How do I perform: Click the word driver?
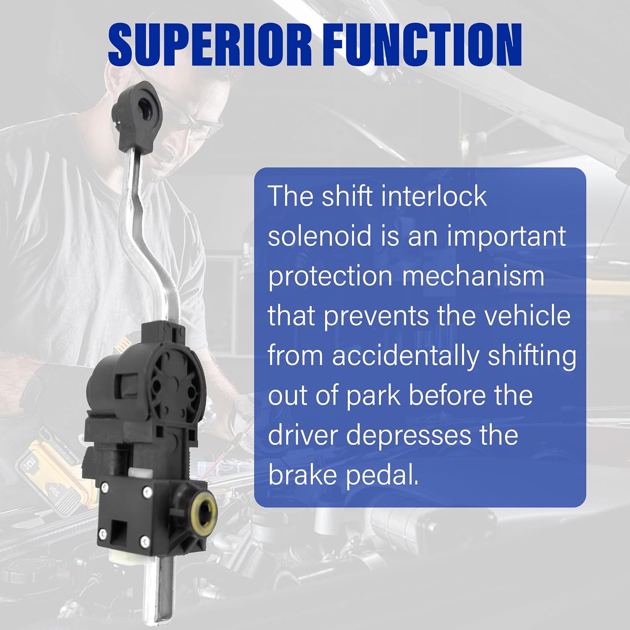click(302, 435)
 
